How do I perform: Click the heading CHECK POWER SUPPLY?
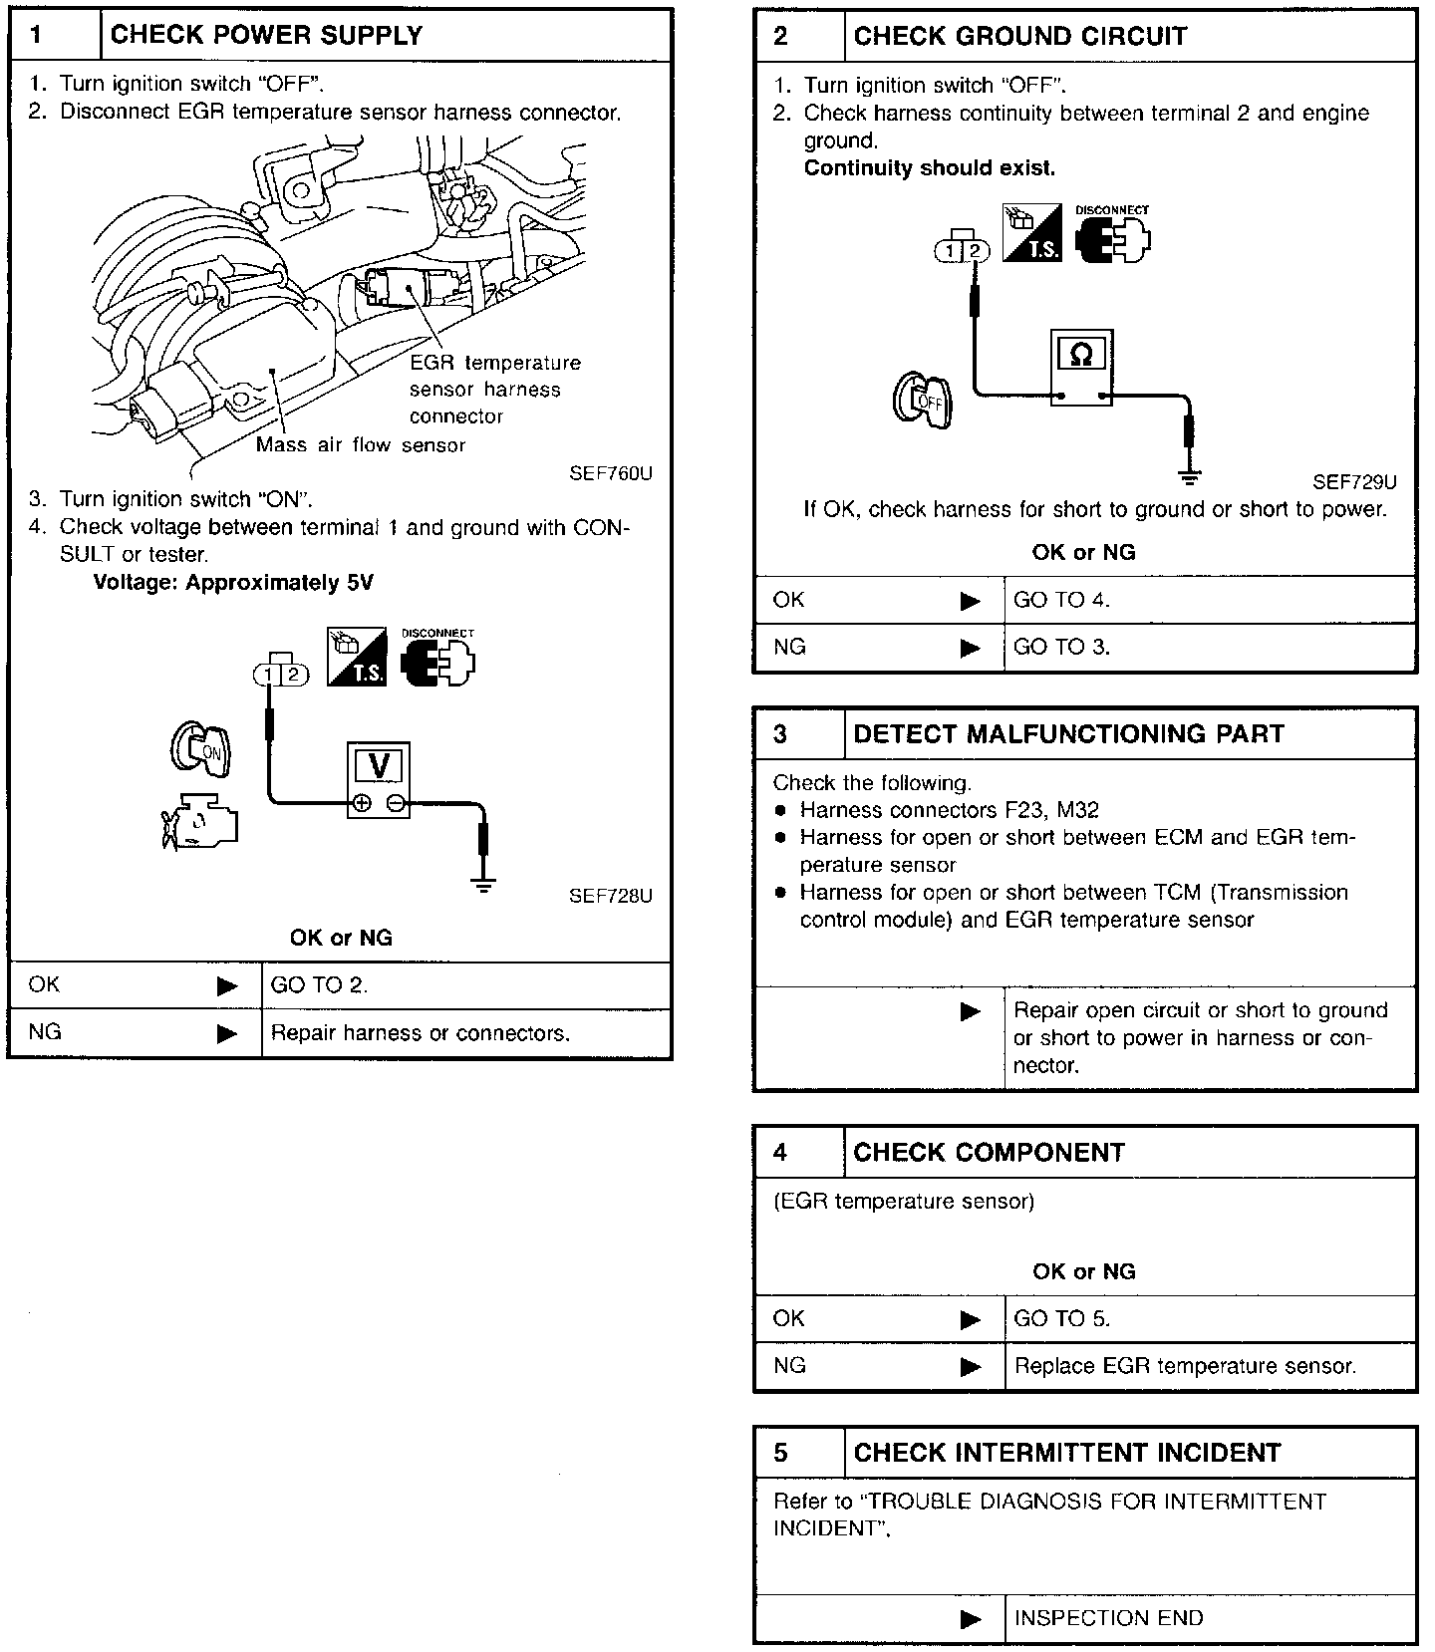click(266, 35)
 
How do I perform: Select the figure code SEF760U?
click(611, 473)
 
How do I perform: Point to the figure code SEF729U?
click(1354, 482)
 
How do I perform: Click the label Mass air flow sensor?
click(361, 445)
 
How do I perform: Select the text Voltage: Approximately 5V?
click(233, 583)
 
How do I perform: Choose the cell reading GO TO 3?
click(1061, 647)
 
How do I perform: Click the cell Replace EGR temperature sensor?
click(1185, 1366)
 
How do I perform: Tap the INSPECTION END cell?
click(1108, 1618)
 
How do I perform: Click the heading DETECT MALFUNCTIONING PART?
click(1068, 734)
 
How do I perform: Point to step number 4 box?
click(780, 1153)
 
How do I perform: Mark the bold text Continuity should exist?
click(929, 168)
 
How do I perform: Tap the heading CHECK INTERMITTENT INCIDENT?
click(1066, 1453)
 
